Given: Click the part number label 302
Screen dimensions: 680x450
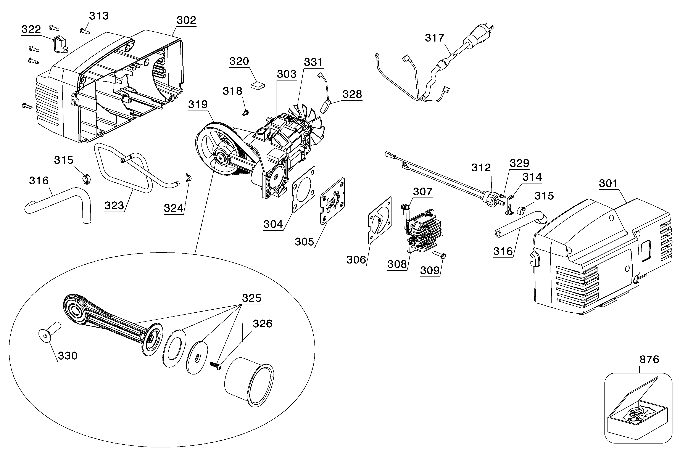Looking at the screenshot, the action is pyautogui.click(x=186, y=20).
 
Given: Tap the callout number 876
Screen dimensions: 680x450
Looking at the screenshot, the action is pyautogui.click(x=649, y=359).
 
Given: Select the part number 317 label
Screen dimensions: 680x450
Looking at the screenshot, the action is pyautogui.click(x=435, y=38).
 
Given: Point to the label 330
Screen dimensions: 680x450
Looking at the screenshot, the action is pyautogui.click(x=68, y=356).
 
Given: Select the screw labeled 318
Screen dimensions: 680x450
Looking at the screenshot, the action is pyautogui.click(x=245, y=112).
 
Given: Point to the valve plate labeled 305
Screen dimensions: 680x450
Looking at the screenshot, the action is pyautogui.click(x=332, y=201).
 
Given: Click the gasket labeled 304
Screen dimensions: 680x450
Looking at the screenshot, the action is pyautogui.click(x=304, y=190).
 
